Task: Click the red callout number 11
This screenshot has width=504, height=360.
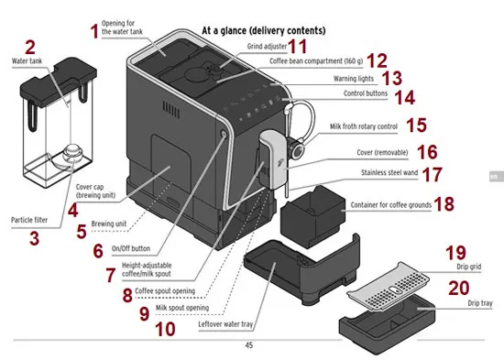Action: [x=297, y=47]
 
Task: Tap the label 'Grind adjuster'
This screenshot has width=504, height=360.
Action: [x=267, y=47]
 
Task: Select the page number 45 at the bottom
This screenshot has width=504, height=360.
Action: [x=249, y=345]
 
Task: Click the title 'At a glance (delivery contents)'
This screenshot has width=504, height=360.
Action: [x=264, y=30]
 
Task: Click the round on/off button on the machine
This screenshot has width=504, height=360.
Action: [x=224, y=134]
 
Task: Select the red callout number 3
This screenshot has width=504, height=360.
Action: [x=35, y=238]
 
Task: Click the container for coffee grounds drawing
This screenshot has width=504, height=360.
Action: [x=312, y=216]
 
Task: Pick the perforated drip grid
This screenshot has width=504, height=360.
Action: [x=388, y=286]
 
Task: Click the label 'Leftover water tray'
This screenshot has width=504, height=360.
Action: [x=225, y=324]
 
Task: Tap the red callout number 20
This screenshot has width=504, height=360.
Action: [x=459, y=288]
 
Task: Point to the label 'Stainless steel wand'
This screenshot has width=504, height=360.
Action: [x=389, y=172]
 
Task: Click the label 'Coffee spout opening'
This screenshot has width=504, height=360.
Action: [x=165, y=291]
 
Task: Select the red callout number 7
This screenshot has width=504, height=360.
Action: [x=111, y=275]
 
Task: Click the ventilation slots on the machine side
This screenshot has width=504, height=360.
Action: [x=171, y=109]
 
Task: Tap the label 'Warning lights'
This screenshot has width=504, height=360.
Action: [x=354, y=79]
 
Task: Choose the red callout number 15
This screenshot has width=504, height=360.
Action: [x=417, y=125]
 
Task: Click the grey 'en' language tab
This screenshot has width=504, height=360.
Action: [x=496, y=177]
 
